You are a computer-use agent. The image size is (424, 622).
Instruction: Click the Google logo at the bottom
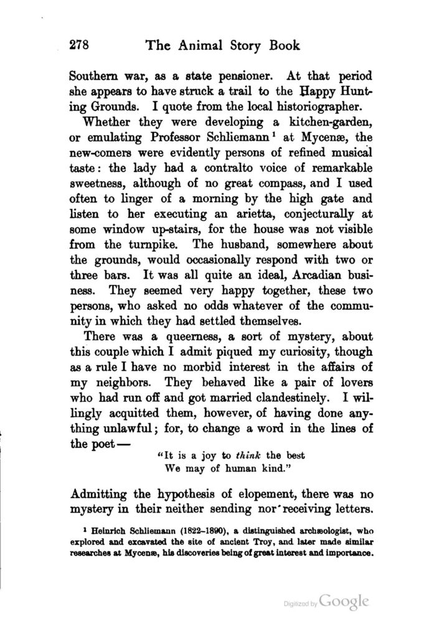346,602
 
